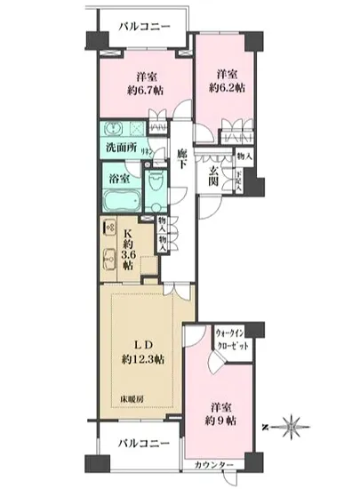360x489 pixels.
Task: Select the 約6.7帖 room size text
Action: [140, 91]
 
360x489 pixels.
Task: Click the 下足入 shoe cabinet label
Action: [237, 183]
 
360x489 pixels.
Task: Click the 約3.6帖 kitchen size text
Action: [130, 251]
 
